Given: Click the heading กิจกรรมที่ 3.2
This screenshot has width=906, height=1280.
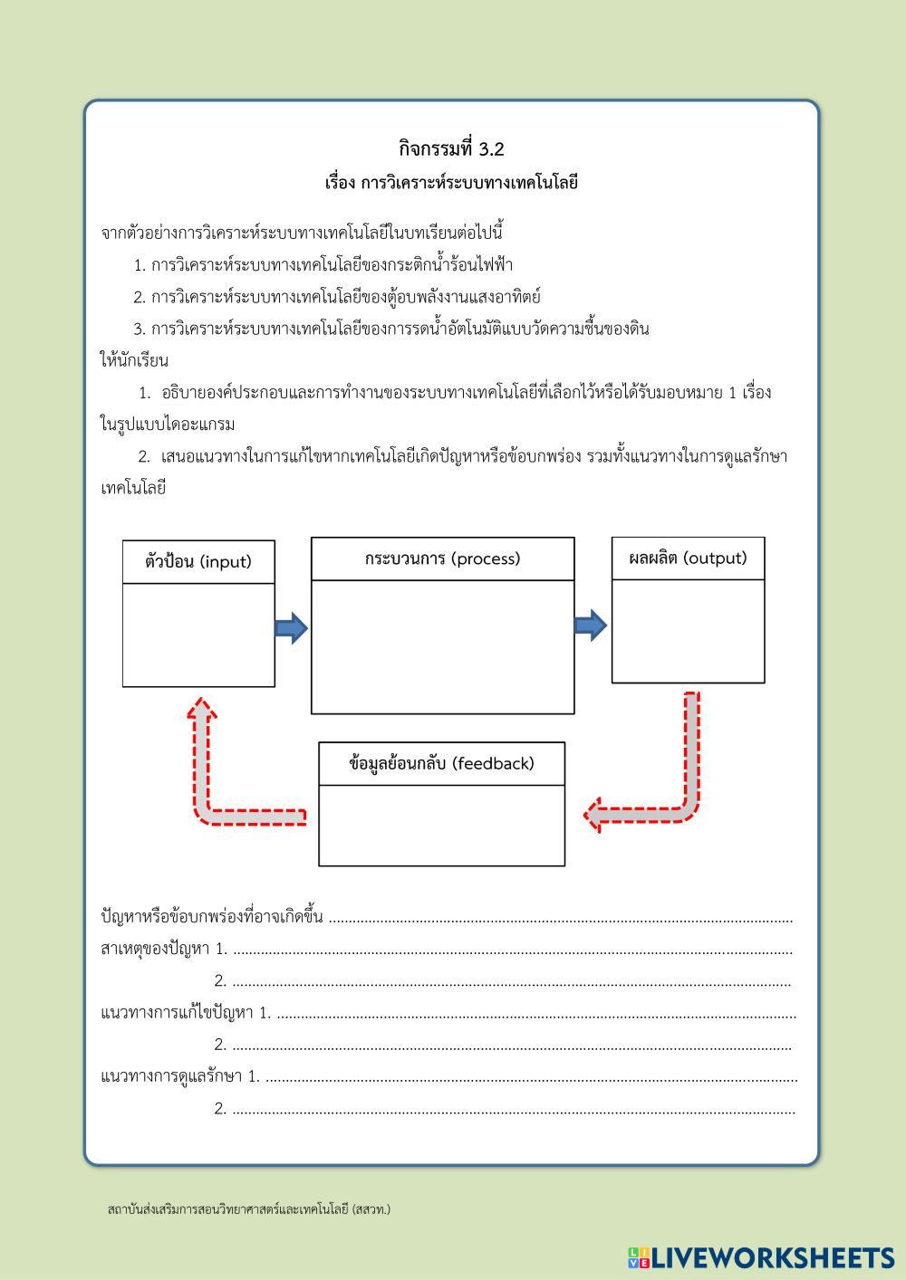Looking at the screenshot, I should (451, 148).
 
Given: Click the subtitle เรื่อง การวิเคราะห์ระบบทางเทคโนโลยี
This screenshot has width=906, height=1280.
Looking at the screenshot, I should (451, 182).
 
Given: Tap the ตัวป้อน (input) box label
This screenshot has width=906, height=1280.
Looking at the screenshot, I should (198, 561).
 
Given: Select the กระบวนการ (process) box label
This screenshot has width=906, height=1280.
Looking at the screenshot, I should (442, 559).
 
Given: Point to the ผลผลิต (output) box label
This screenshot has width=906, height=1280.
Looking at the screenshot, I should (688, 558).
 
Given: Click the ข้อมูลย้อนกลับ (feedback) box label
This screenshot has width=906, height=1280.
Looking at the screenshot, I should (441, 763).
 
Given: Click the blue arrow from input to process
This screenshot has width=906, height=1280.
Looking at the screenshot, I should (291, 627).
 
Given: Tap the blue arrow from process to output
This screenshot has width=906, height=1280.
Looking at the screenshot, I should (591, 625).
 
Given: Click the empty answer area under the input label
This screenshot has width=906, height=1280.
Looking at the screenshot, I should (198, 635).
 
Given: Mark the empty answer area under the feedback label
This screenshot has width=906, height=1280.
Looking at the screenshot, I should (441, 825).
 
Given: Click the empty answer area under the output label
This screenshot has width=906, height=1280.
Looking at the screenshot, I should (688, 630).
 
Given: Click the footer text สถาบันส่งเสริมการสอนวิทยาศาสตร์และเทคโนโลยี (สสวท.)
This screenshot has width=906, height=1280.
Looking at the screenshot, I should (248, 1209).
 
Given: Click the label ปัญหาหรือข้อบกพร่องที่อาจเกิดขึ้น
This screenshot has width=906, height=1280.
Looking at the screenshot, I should (212, 917).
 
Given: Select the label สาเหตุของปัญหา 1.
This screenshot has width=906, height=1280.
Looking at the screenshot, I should (163, 949).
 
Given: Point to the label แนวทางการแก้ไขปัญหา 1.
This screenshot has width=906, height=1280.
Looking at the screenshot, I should (185, 1013).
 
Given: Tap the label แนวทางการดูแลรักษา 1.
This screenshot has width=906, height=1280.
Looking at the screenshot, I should (179, 1076).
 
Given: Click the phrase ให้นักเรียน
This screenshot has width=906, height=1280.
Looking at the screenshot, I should (134, 360).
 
